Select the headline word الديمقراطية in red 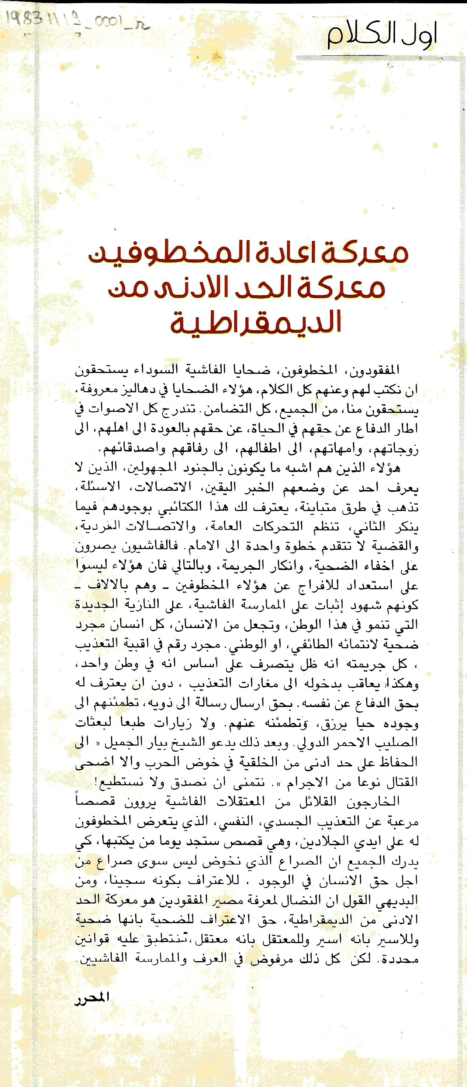[256, 321]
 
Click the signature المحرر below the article [92, 998]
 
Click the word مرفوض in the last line [268, 959]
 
